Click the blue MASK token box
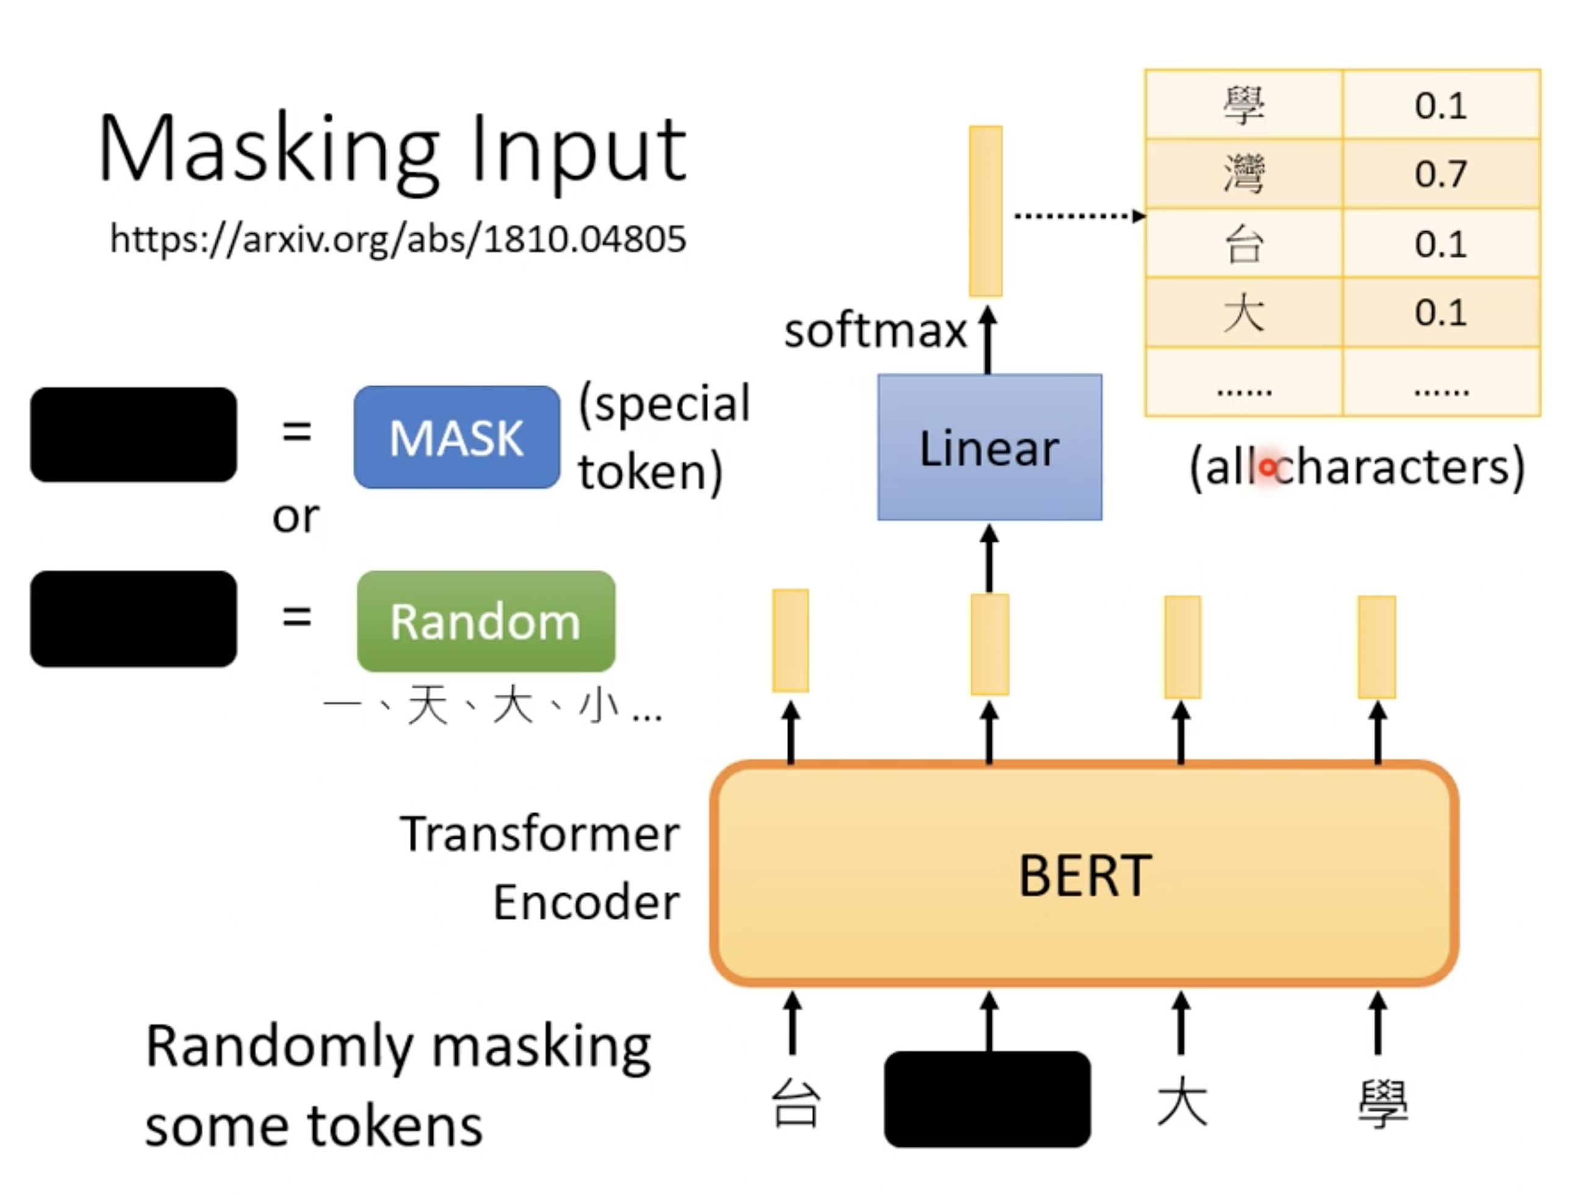[x=457, y=437]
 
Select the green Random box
[x=486, y=621]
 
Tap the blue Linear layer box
[x=989, y=447]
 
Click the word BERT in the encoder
[x=1084, y=875]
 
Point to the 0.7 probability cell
[x=1440, y=173]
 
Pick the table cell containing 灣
[x=1243, y=173]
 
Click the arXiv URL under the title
[x=398, y=239]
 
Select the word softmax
[x=875, y=331]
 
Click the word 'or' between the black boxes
[x=295, y=516]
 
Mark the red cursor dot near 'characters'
[x=1268, y=468]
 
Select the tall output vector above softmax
[x=985, y=211]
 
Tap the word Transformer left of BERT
[x=539, y=835]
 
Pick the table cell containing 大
[x=1243, y=312]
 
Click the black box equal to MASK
[x=134, y=434]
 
